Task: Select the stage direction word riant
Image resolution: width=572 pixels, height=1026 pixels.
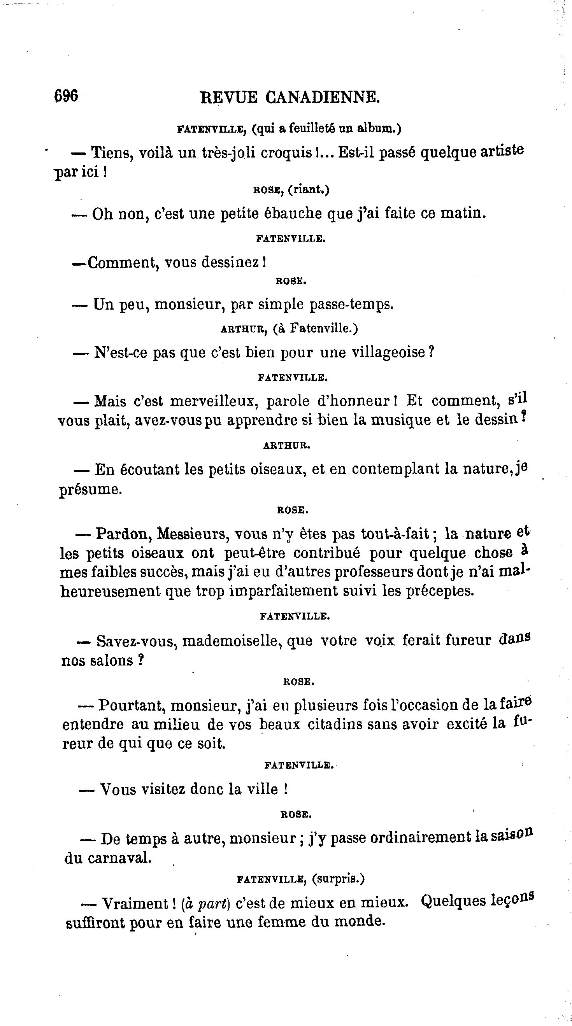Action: click(x=308, y=189)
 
